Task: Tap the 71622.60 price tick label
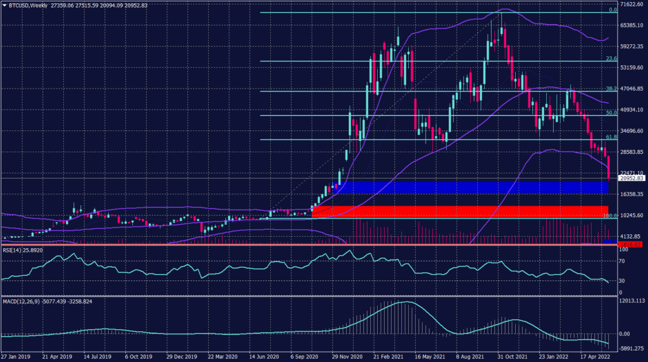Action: click(630, 4)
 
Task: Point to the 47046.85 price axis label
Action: click(630, 89)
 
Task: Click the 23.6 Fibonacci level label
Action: click(611, 59)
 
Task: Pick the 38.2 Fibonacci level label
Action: click(611, 89)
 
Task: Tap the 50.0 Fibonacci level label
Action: click(611, 113)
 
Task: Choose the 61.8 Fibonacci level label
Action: click(611, 137)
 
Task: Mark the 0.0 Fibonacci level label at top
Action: click(613, 10)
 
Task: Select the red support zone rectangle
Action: click(459, 211)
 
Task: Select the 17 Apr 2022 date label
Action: click(597, 356)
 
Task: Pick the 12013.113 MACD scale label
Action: click(631, 301)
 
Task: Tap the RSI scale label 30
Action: click(622, 280)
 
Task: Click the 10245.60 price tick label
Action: click(630, 215)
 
